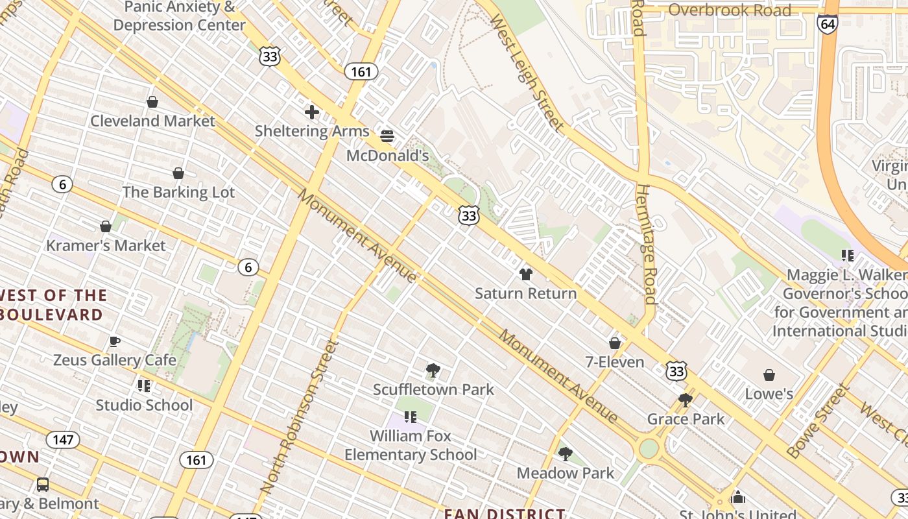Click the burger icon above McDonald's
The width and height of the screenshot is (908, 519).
(387, 136)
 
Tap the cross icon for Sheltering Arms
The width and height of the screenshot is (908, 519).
(312, 112)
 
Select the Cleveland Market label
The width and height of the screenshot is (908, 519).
(152, 121)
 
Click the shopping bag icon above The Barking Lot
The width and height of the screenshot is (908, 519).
(178, 173)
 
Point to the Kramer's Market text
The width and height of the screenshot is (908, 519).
(106, 245)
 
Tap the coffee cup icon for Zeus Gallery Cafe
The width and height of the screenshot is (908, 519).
(115, 341)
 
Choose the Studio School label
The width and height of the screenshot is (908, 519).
(144, 405)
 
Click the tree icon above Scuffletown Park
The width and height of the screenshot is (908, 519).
(433, 370)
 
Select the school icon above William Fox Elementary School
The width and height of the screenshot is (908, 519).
(410, 416)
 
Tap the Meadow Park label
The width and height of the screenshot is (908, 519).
(565, 473)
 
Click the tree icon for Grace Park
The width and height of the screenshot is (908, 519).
(686, 400)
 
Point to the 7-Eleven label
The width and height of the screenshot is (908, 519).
(615, 362)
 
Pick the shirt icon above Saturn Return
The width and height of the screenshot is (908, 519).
(525, 274)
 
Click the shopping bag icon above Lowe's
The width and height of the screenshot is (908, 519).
(769, 375)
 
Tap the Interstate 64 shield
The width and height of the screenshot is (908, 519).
(828, 24)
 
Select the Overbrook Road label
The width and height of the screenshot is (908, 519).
(730, 10)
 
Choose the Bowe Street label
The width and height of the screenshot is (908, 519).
(818, 421)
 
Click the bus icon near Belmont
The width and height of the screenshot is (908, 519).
(43, 484)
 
